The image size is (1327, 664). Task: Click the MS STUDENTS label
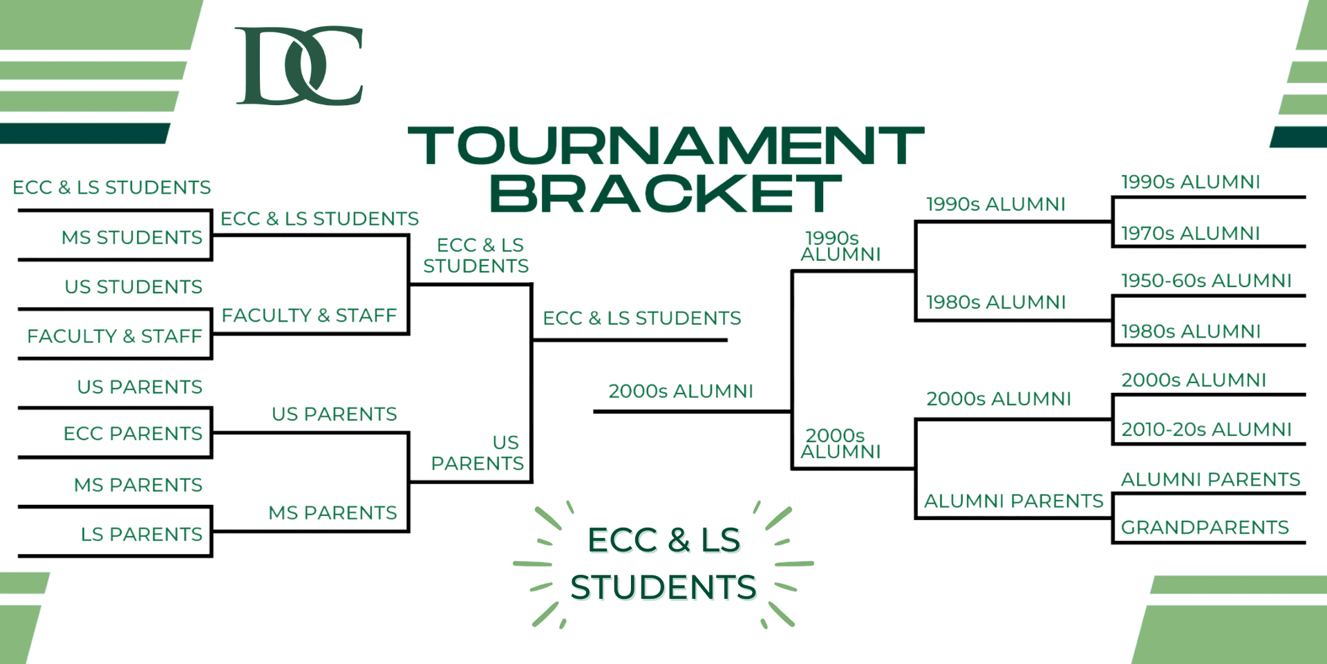(132, 237)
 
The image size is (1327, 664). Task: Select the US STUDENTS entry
(133, 286)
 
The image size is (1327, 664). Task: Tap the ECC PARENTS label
(133, 434)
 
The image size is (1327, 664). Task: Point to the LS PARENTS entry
(142, 534)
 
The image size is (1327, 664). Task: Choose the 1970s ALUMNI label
(1190, 233)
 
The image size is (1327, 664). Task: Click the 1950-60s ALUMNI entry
(1206, 280)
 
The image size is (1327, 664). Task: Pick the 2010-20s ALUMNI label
(1206, 429)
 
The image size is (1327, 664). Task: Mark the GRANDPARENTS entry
(1205, 527)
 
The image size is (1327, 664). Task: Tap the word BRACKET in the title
(666, 193)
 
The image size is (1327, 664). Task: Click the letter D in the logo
(273, 66)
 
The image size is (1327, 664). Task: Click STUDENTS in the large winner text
(663, 587)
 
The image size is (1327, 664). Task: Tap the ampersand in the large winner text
(679, 540)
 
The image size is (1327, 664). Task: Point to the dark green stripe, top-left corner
(84, 133)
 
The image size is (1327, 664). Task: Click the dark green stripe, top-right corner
(1299, 137)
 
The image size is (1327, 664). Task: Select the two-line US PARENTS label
(478, 453)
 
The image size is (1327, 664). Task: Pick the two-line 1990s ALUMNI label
(840, 246)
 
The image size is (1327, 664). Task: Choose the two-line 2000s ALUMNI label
(840, 443)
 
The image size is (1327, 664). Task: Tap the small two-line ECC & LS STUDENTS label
(476, 255)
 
